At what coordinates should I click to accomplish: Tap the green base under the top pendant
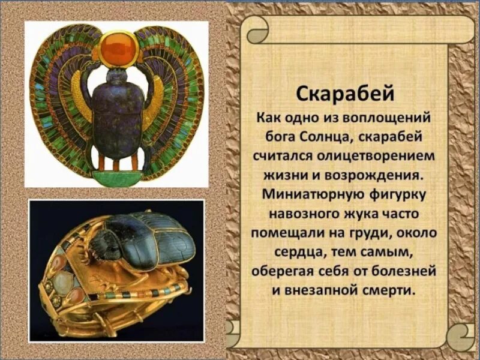pyautogui.click(x=118, y=177)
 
